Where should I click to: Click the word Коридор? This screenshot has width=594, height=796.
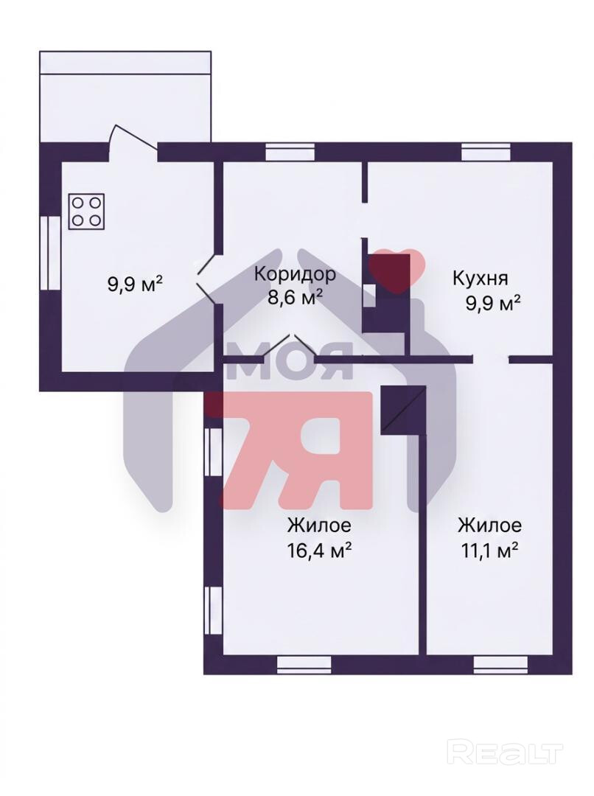pos(295,274)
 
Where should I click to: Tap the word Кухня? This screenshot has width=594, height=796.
pos(480,278)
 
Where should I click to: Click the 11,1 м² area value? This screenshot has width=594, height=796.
pos(489,549)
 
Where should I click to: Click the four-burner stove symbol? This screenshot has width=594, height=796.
pos(87,212)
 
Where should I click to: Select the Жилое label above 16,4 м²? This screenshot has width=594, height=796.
pos(319,525)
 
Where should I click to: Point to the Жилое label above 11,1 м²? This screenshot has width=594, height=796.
pos(489,525)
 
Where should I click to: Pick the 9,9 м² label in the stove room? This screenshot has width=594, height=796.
pos(135,283)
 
